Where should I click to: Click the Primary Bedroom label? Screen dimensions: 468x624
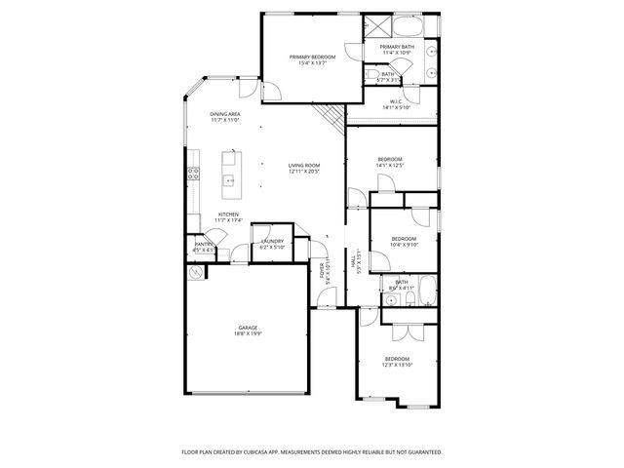click(x=312, y=58)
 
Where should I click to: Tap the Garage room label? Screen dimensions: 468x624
click(x=248, y=328)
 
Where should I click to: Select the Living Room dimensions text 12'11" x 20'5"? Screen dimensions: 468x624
click(x=304, y=172)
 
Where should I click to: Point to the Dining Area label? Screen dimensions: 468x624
click(x=225, y=114)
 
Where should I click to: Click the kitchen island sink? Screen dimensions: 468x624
click(x=230, y=180)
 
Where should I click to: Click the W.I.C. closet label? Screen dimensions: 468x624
click(x=397, y=100)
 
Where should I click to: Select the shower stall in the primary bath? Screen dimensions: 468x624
click(x=376, y=27)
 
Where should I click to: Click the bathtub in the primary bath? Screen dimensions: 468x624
click(x=414, y=25)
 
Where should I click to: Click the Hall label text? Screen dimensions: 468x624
click(x=359, y=259)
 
